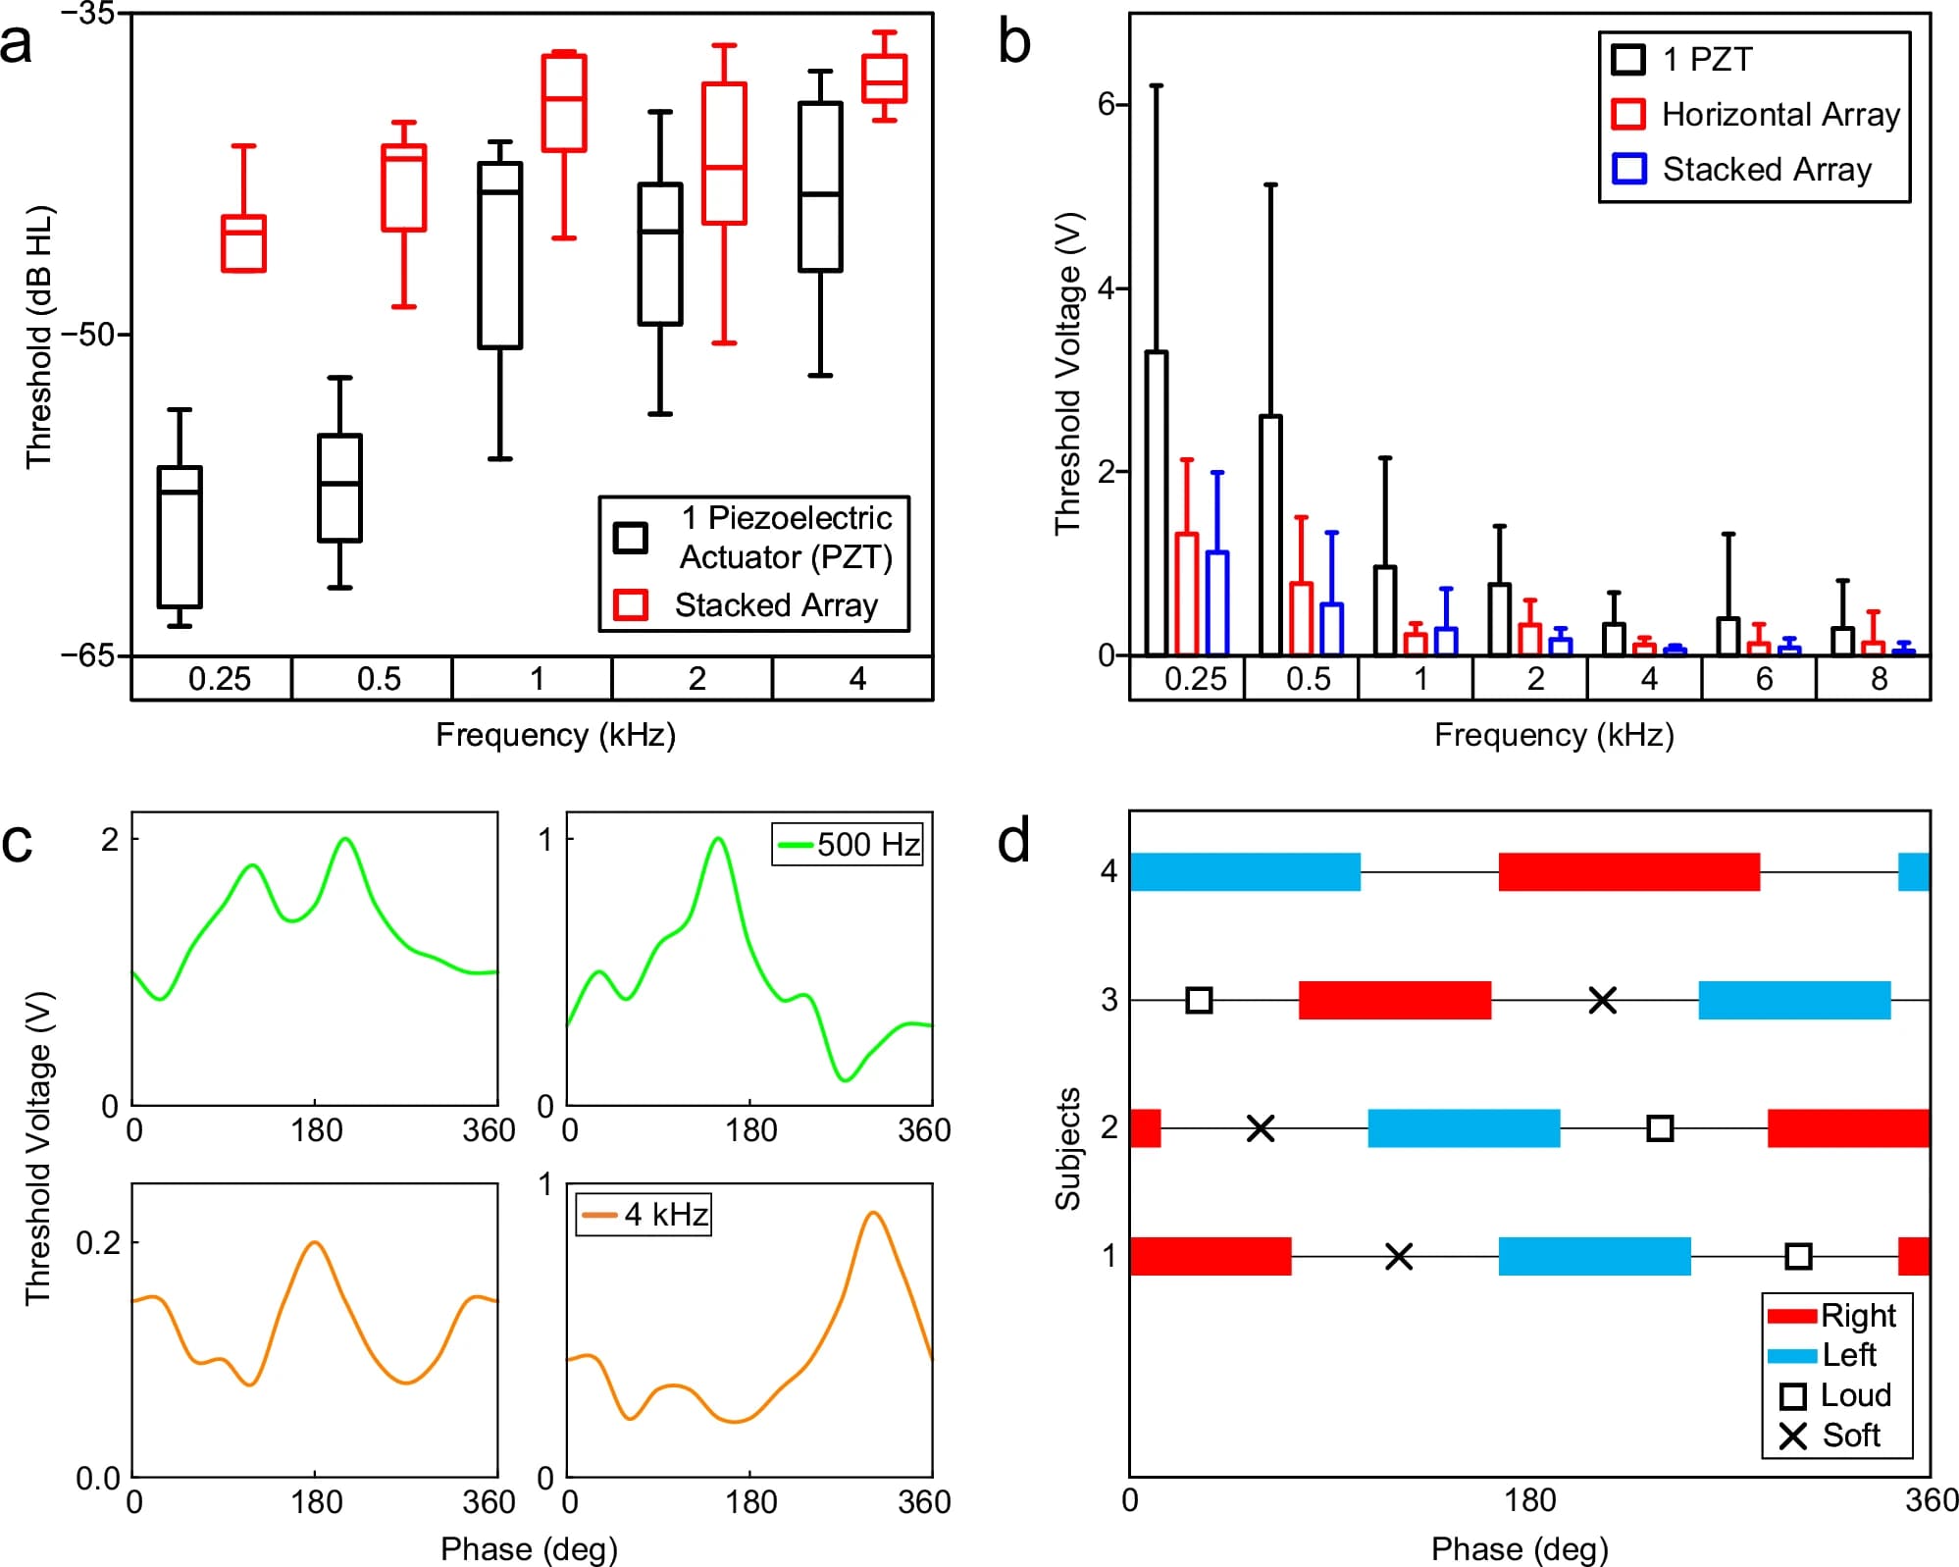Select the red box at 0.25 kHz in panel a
pyautogui.click(x=243, y=243)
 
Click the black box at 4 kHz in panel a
pyautogui.click(x=820, y=186)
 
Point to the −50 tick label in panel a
pyautogui.click(x=88, y=335)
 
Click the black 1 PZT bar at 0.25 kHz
pyautogui.click(x=1157, y=502)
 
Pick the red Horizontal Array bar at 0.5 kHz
pyautogui.click(x=1301, y=618)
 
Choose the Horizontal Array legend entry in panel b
pyautogui.click(x=1756, y=115)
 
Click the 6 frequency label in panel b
pyautogui.click(x=1764, y=679)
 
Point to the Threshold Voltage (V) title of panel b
pyautogui.click(x=1066, y=373)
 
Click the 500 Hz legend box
pyautogui.click(x=848, y=845)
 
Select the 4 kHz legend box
pyautogui.click(x=644, y=1215)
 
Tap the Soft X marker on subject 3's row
pyautogui.click(x=1602, y=1001)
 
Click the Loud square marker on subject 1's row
pyautogui.click(x=1797, y=1256)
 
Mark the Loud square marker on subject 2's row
pyautogui.click(x=1659, y=1128)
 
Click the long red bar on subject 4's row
pyautogui.click(x=1628, y=872)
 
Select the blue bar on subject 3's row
pyautogui.click(x=1794, y=1000)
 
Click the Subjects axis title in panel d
pyautogui.click(x=1066, y=1148)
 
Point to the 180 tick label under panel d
pyautogui.click(x=1530, y=1500)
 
